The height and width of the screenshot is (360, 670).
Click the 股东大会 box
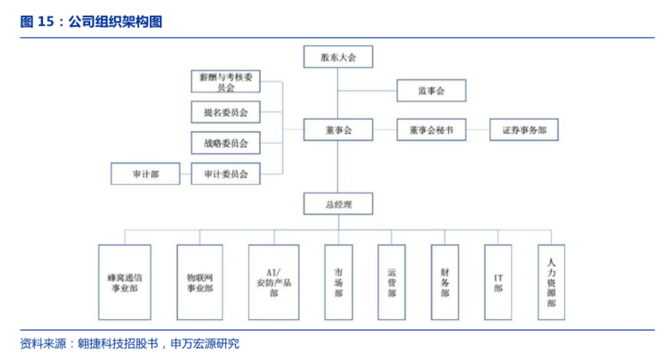(338, 57)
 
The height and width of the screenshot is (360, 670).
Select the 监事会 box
(431, 91)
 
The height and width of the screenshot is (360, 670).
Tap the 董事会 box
(338, 130)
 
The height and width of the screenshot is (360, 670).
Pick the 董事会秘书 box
(431, 130)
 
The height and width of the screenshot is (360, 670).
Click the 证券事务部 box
(524, 130)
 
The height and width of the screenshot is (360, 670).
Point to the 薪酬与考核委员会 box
(225, 82)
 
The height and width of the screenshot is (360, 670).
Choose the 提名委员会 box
(225, 112)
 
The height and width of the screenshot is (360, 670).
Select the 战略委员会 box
(225, 143)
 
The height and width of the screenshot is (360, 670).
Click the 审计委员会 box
(225, 174)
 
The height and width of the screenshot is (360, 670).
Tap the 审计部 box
(145, 174)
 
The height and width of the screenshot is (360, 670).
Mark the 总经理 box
(338, 205)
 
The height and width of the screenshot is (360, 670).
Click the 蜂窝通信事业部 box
(125, 282)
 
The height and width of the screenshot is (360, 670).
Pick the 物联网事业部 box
(199, 282)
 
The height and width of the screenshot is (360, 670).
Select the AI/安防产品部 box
(274, 282)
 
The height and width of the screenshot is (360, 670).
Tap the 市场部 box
(338, 282)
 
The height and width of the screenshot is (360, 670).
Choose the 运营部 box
(391, 282)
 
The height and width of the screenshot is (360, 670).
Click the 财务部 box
(445, 282)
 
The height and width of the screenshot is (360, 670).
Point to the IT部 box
(498, 282)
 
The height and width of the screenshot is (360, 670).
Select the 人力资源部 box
(551, 282)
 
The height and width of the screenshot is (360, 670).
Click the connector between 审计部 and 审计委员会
(186, 174)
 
